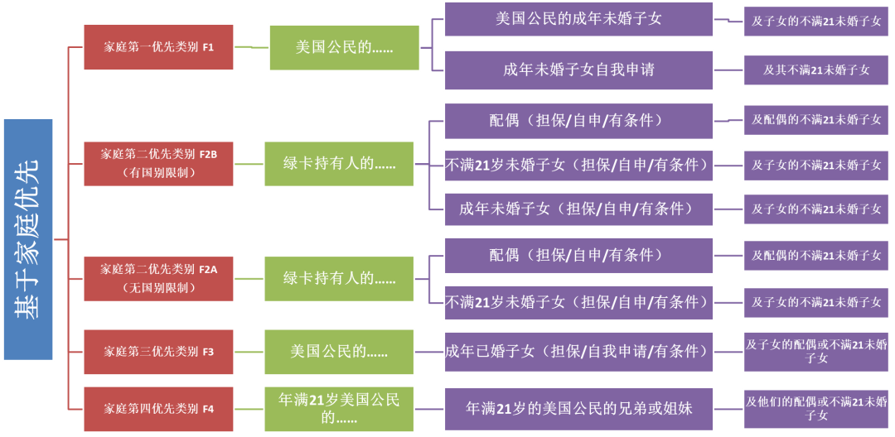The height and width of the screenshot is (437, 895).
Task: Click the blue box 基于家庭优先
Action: tap(28, 239)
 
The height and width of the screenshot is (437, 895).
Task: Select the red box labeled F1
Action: tap(158, 47)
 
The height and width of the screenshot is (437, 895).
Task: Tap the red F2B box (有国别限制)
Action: tap(158, 163)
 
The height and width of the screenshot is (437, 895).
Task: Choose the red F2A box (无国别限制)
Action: tap(158, 278)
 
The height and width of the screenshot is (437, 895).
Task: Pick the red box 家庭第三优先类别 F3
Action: tap(158, 352)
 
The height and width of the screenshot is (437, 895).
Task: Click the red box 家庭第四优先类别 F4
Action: tap(158, 409)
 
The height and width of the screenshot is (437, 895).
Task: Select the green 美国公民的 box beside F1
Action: tap(344, 47)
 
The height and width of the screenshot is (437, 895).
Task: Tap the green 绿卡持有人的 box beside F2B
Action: tap(339, 163)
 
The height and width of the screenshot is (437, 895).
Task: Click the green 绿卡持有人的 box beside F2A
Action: tap(339, 278)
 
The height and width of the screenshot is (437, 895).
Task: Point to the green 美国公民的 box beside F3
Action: tap(339, 352)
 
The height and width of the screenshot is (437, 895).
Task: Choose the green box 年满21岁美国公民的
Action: tap(339, 409)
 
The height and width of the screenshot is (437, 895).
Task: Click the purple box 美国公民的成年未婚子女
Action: tap(578, 19)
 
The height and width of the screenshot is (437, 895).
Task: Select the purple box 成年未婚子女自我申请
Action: tap(578, 70)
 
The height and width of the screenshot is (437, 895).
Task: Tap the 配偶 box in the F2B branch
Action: tap(578, 121)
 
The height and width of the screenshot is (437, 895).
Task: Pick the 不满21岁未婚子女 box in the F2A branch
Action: tap(578, 302)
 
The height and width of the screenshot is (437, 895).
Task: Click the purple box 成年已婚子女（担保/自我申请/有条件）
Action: tap(578, 352)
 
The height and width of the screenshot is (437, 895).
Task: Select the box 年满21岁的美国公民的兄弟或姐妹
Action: tap(578, 409)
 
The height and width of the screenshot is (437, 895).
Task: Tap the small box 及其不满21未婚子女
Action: tap(816, 70)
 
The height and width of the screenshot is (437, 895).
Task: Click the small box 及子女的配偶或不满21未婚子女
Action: tap(816, 352)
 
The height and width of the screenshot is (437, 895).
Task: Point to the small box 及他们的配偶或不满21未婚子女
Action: tap(816, 409)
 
